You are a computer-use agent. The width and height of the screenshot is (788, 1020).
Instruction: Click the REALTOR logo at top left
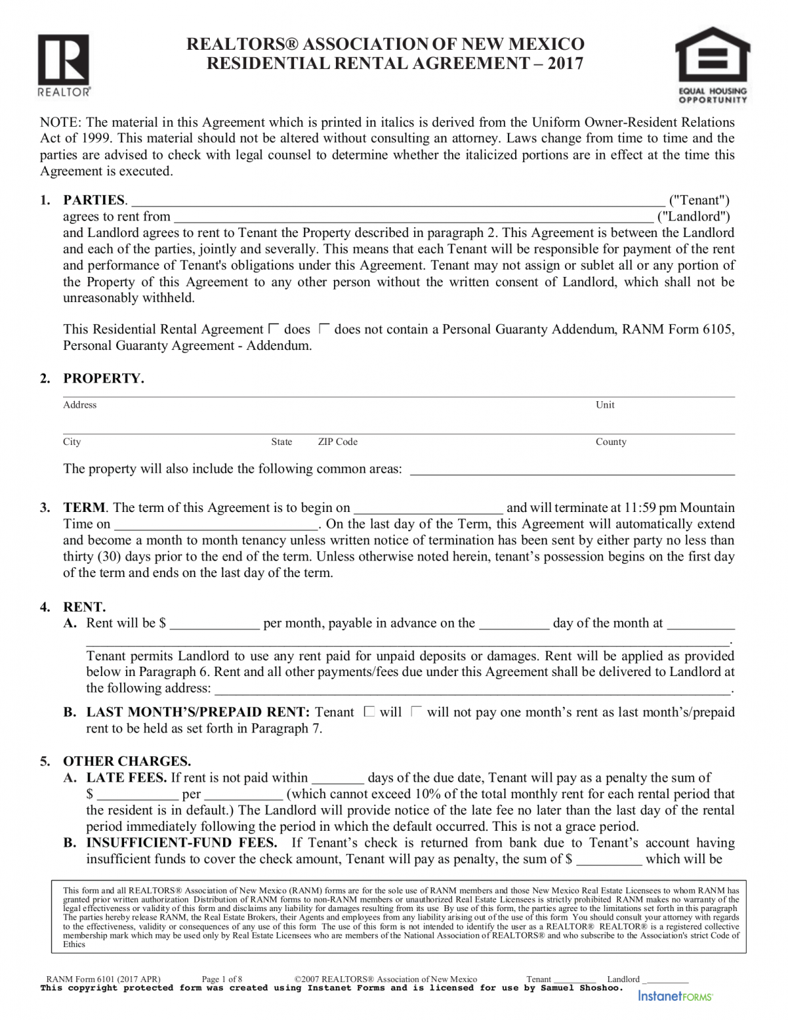pyautogui.click(x=64, y=64)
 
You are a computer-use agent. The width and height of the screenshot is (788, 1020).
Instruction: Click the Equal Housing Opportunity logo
pyautogui.click(x=712, y=64)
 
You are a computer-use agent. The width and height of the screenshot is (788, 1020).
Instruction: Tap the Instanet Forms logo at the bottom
pyautogui.click(x=675, y=996)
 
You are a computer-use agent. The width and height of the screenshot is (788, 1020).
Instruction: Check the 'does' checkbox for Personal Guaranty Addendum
pyautogui.click(x=274, y=329)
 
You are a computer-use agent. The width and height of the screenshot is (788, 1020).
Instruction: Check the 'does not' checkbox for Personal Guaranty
pyautogui.click(x=324, y=329)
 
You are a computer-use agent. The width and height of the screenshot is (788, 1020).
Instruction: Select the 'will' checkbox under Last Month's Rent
pyautogui.click(x=369, y=712)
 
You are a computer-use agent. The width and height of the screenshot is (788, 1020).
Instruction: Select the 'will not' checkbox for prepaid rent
pyautogui.click(x=416, y=712)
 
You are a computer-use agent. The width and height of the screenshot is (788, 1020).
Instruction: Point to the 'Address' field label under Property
pyautogui.click(x=80, y=405)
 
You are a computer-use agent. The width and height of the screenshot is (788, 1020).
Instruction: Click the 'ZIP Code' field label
pyautogui.click(x=337, y=442)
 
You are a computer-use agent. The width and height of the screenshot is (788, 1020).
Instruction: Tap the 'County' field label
pyautogui.click(x=610, y=442)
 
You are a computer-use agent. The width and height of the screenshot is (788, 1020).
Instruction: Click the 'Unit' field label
pyautogui.click(x=605, y=405)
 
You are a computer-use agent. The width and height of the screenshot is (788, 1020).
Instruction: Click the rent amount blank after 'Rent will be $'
pyautogui.click(x=214, y=624)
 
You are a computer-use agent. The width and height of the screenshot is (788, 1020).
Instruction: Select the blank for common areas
pyautogui.click(x=572, y=470)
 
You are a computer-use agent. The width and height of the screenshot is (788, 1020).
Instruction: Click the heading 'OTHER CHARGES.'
pyautogui.click(x=127, y=761)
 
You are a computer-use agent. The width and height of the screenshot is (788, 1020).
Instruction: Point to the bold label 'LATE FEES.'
pyautogui.click(x=126, y=778)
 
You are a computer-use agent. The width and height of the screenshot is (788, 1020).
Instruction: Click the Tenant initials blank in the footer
pyautogui.click(x=575, y=979)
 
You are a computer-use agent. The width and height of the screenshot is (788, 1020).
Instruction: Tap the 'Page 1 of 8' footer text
pyautogui.click(x=222, y=979)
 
